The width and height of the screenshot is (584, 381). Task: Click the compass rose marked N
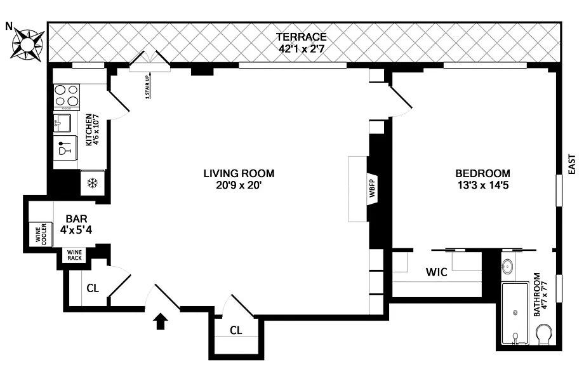[x=27, y=44]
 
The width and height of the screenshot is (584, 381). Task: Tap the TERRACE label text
[x=301, y=37]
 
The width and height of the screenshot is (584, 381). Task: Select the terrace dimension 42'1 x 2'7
[x=301, y=48]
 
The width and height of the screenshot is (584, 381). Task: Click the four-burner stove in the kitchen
[x=67, y=97]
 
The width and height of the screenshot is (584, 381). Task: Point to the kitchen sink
[x=62, y=123]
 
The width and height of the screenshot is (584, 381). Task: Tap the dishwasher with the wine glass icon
[x=65, y=147]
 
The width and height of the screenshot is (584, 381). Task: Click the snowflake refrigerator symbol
[x=93, y=183]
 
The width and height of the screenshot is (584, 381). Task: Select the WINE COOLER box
[x=41, y=234]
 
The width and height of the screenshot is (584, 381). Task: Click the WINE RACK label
[x=74, y=255]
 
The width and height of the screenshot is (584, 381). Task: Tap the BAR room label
[x=76, y=218]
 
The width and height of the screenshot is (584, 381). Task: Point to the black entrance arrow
[x=160, y=321]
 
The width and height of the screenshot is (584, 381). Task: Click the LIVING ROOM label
[x=239, y=173]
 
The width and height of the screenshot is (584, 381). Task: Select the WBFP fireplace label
[x=372, y=189]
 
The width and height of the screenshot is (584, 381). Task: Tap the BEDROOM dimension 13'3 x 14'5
[x=482, y=185]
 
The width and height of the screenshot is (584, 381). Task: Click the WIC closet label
[x=437, y=272]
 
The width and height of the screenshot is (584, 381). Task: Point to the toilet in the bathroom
[x=545, y=334]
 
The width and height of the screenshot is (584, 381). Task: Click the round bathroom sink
[x=507, y=266]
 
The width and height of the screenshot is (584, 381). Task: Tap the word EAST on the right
[x=572, y=164]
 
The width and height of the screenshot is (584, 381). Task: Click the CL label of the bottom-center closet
[x=236, y=330]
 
